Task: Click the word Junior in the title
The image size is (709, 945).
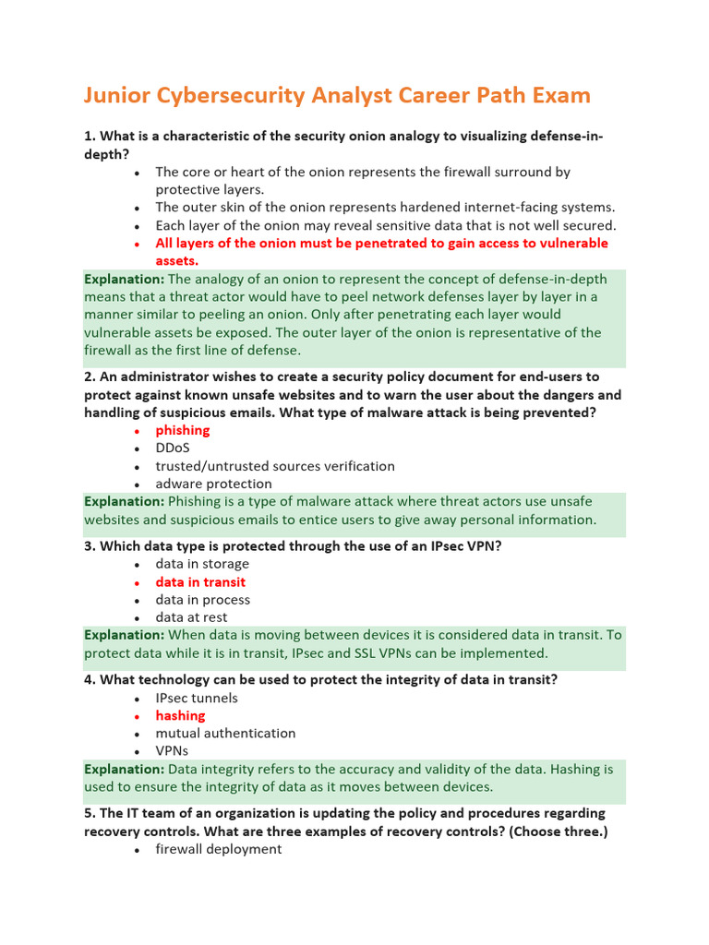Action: point(115,96)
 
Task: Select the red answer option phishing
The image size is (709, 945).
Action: point(183,430)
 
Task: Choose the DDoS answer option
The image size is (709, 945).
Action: point(173,448)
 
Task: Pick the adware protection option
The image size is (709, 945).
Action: point(213,484)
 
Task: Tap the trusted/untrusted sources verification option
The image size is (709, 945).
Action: point(275,466)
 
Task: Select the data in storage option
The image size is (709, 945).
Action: point(202,564)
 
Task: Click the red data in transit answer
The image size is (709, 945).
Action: point(200,582)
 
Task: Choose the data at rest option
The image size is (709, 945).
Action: point(191,617)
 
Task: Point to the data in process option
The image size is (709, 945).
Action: point(202,600)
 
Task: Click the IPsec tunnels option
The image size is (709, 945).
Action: point(197,698)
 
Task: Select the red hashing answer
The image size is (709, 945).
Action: point(180,715)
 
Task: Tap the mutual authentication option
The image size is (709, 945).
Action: point(225,733)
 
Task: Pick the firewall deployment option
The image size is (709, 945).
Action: point(219,848)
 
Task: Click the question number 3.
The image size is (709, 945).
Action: point(90,545)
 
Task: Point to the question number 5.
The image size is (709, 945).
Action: point(90,813)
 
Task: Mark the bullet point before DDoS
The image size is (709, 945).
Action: point(137,449)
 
